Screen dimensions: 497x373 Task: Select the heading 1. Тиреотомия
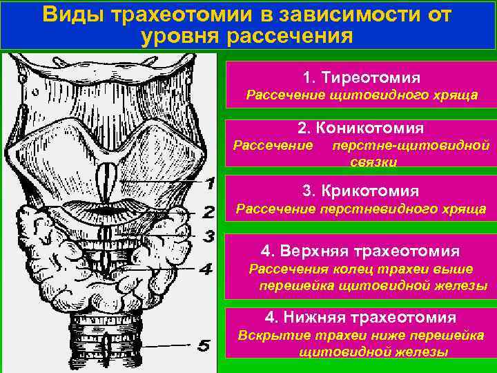coord(361,77)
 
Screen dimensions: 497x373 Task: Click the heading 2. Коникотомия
coord(361,128)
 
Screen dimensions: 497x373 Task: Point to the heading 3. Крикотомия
coord(361,190)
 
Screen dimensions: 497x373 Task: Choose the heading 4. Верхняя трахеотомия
coord(360,251)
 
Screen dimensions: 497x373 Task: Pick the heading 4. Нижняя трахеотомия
coord(360,317)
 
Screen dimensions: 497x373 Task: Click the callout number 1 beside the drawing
coord(210,183)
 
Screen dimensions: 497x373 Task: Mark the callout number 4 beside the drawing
coord(205,269)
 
